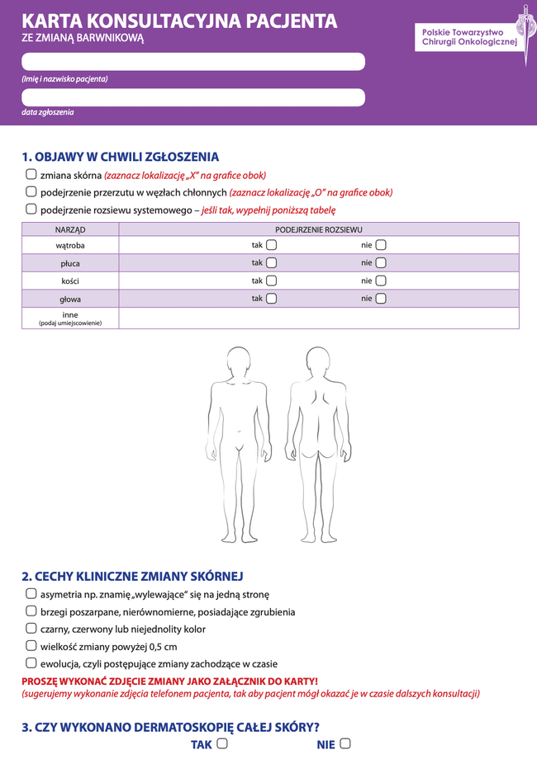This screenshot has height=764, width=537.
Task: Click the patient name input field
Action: tap(193, 62)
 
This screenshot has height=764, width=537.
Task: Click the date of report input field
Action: tap(193, 97)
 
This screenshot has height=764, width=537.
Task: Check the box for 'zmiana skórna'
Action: tap(31, 175)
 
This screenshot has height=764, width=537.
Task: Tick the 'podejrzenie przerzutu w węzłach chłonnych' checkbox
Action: tap(31, 191)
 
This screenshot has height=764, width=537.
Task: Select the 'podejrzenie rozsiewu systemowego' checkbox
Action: tap(31, 209)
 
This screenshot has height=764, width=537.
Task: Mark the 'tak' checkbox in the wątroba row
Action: tap(272, 245)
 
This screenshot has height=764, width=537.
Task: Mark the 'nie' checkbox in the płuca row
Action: tap(381, 263)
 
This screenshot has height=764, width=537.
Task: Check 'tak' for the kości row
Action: tap(272, 281)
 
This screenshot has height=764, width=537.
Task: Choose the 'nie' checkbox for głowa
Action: tap(381, 299)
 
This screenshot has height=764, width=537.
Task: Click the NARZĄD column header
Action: tap(70, 229)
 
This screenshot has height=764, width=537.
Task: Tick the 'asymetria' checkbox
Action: tap(31, 593)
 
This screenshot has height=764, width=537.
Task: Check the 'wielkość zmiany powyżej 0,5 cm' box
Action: tap(31, 645)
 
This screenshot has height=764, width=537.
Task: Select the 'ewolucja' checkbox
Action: tap(31, 663)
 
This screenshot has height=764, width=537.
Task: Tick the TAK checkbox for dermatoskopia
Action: tap(221, 743)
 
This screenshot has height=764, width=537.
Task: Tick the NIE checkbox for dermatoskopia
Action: tap(345, 743)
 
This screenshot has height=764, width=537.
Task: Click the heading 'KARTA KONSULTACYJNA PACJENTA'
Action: tap(179, 21)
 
